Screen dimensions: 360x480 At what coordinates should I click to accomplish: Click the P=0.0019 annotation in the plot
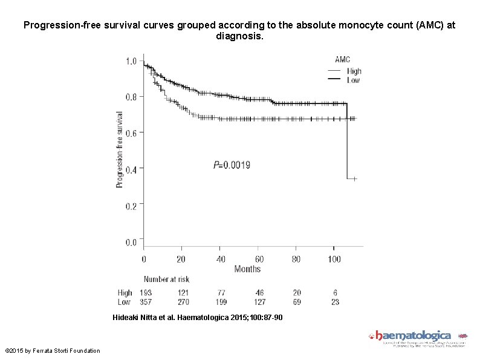[x=232, y=165]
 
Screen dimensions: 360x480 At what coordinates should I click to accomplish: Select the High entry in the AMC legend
[x=354, y=71]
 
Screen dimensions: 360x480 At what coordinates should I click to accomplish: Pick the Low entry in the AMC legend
[x=354, y=80]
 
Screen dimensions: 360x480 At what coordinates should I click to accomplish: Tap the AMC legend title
[x=343, y=59]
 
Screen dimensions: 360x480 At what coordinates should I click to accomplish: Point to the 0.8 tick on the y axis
[x=131, y=96]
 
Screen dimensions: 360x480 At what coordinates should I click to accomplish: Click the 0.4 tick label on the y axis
[x=131, y=169]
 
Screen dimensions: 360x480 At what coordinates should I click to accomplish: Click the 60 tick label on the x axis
[x=259, y=260]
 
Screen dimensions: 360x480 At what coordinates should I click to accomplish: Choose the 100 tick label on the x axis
[x=334, y=260]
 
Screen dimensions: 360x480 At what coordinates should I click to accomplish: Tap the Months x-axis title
[x=247, y=269]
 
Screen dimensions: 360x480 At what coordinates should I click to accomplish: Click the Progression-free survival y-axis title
[x=120, y=149]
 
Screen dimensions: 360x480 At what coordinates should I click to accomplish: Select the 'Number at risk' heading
[x=166, y=280]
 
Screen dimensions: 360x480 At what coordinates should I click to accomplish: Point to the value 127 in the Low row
[x=259, y=301]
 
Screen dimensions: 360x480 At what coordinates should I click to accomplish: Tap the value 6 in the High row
[x=334, y=293]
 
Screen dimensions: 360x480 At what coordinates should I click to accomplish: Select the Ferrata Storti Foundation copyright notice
[x=53, y=351]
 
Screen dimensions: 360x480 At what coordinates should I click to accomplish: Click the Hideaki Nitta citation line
[x=197, y=318]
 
